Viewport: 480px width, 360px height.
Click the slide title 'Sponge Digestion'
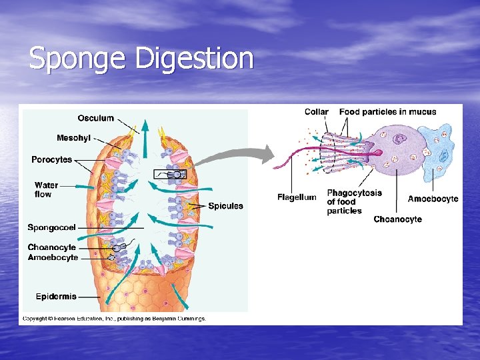pyautogui.click(x=141, y=59)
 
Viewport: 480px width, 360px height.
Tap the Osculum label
pyautogui.click(x=95, y=119)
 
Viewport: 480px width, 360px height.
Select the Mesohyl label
pyautogui.click(x=74, y=139)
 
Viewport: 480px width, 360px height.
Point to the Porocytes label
pyautogui.click(x=52, y=159)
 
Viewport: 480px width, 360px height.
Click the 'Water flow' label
pyautogui.click(x=46, y=189)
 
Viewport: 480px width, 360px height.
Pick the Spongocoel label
pyautogui.click(x=51, y=227)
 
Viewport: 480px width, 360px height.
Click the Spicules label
pyautogui.click(x=225, y=206)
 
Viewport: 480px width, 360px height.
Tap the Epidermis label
pyautogui.click(x=56, y=296)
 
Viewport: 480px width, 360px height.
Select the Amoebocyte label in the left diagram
pyautogui.click(x=53, y=257)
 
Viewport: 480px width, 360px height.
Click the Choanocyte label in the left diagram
pyautogui.click(x=51, y=247)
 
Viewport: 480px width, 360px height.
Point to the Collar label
pyautogui.click(x=316, y=112)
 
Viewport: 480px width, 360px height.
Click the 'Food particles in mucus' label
pyautogui.click(x=387, y=112)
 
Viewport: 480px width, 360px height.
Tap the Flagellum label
pyautogui.click(x=297, y=197)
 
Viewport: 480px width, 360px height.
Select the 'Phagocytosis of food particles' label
pyautogui.click(x=353, y=201)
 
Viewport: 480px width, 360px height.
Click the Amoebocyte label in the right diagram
pyautogui.click(x=433, y=199)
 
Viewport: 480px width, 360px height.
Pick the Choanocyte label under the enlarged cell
pyautogui.click(x=397, y=219)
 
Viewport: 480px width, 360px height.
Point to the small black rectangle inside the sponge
pyautogui.click(x=169, y=174)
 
